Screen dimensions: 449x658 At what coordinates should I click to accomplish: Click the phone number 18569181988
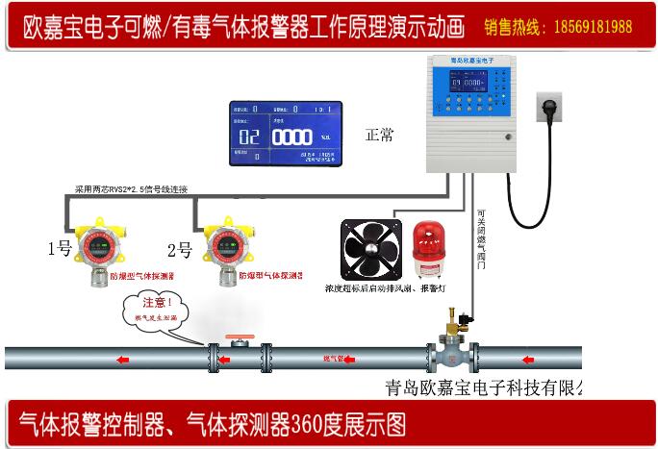click(x=592, y=27)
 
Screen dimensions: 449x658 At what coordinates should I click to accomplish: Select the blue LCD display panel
click(x=287, y=135)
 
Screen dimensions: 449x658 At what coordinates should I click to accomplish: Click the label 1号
click(x=61, y=249)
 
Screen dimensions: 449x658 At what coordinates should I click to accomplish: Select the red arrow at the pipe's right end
click(x=527, y=360)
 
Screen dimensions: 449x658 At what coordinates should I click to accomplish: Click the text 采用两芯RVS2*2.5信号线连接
click(x=132, y=188)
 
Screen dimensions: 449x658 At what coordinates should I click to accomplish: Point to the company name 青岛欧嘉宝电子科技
click(x=471, y=388)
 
